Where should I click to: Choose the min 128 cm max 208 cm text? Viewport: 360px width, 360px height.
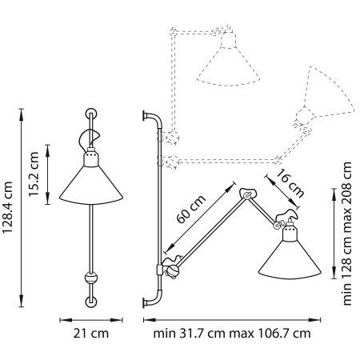click(x=346, y=233)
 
